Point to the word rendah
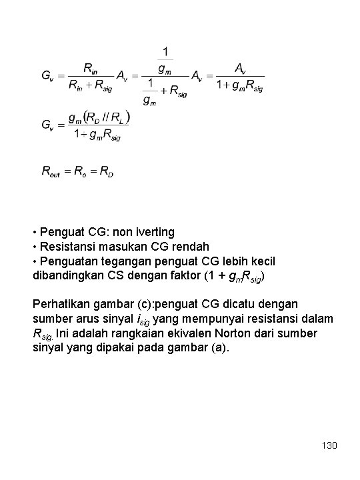pyautogui.click(x=189, y=247)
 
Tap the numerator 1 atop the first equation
pyautogui.click(x=166, y=51)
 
